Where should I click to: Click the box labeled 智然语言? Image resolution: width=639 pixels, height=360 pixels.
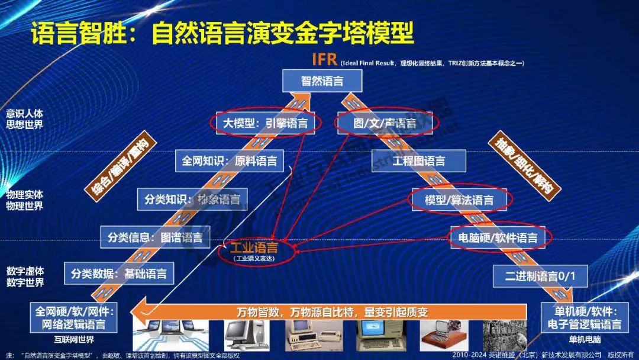tap(322, 81)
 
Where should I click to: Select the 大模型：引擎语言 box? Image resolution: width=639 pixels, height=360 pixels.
tap(266, 123)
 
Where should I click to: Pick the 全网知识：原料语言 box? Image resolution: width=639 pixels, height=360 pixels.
tap(230, 160)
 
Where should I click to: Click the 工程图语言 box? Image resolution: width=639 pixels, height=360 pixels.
tap(418, 160)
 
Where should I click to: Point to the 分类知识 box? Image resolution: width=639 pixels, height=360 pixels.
tap(192, 200)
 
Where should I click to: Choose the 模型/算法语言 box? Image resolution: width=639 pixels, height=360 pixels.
tap(459, 200)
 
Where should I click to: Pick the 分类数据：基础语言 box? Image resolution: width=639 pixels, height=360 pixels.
tap(119, 274)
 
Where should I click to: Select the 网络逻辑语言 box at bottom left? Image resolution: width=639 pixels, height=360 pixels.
tap(74, 317)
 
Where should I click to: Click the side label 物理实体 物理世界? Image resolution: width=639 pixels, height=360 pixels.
tap(24, 200)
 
